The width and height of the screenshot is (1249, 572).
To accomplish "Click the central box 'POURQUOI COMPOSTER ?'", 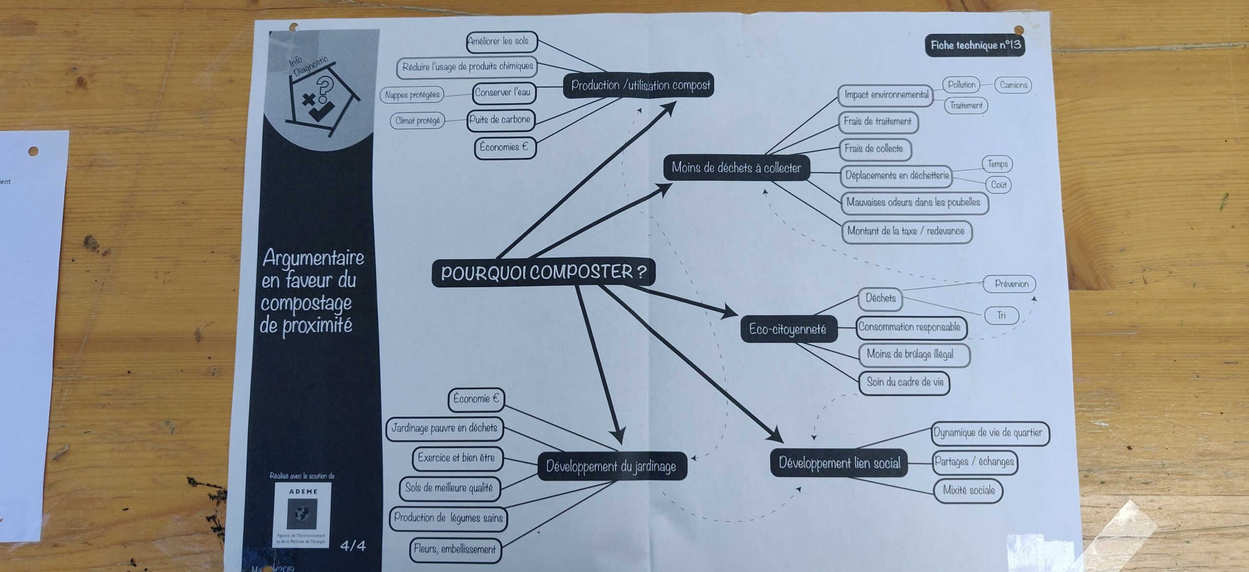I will click(543, 272).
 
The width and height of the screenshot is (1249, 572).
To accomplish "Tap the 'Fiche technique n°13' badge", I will click(975, 45).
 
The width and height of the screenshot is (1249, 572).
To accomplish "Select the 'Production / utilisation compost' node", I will click(640, 85).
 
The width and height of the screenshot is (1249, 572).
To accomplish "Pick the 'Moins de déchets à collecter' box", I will click(736, 168).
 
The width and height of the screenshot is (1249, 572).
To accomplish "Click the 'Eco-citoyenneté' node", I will click(787, 329).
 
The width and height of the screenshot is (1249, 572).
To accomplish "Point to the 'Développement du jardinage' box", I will click(611, 466).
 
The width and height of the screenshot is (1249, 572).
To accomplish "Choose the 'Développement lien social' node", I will click(839, 463).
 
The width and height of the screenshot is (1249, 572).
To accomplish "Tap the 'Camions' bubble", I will click(1013, 85).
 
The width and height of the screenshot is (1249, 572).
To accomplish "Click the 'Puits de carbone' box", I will click(500, 120).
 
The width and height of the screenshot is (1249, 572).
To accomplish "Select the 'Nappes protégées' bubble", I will click(412, 95).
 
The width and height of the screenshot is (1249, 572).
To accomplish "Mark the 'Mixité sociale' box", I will click(968, 490).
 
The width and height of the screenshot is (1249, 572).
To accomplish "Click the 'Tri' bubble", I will click(1002, 316).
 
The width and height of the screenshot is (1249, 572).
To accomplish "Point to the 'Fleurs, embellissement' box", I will click(455, 549).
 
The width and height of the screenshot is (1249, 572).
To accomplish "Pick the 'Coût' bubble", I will click(999, 185).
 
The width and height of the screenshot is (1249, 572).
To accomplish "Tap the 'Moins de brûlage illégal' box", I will click(910, 355).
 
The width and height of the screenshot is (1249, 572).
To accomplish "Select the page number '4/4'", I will click(353, 546).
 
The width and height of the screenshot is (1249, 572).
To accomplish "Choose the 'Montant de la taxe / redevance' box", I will click(906, 231).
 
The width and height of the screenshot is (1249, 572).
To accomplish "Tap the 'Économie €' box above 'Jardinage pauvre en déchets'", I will click(476, 399).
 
